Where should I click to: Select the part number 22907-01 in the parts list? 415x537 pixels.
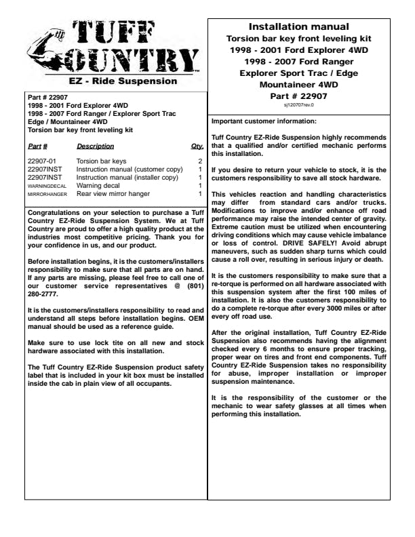(43, 161)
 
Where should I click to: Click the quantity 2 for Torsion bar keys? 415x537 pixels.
(199, 161)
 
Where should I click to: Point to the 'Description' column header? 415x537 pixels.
(95, 146)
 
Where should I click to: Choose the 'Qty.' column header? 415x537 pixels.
(197, 146)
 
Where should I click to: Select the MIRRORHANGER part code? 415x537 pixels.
(47, 194)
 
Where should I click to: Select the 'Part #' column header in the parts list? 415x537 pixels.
(37, 146)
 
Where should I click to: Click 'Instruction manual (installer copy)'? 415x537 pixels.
(127, 178)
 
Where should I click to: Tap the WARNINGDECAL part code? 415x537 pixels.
(47, 186)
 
